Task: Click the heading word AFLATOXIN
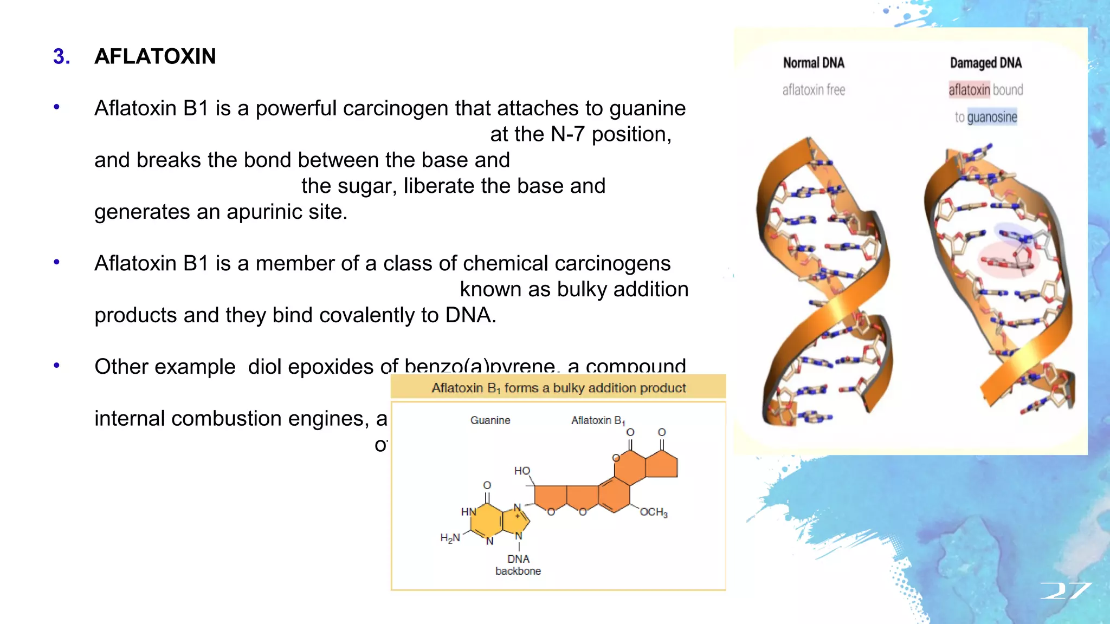pyautogui.click(x=155, y=56)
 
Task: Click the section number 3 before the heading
pyautogui.click(x=61, y=56)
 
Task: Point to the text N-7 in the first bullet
pyautogui.click(x=567, y=134)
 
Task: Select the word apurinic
pyautogui.click(x=261, y=212)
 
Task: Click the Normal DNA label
pyautogui.click(x=814, y=63)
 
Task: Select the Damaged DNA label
pyautogui.click(x=985, y=63)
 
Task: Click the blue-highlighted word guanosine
pyautogui.click(x=992, y=117)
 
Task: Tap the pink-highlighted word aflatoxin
pyautogui.click(x=969, y=90)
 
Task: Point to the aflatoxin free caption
pyautogui.click(x=814, y=90)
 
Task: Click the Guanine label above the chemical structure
pyautogui.click(x=490, y=420)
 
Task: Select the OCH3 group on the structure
pyautogui.click(x=654, y=512)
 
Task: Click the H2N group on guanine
pyautogui.click(x=450, y=538)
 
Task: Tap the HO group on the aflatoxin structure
pyautogui.click(x=522, y=471)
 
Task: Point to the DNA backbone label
pyautogui.click(x=518, y=565)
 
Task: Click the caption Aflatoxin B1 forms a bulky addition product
pyautogui.click(x=558, y=388)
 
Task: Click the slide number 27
pyautogui.click(x=1066, y=591)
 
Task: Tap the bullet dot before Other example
pyautogui.click(x=57, y=366)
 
